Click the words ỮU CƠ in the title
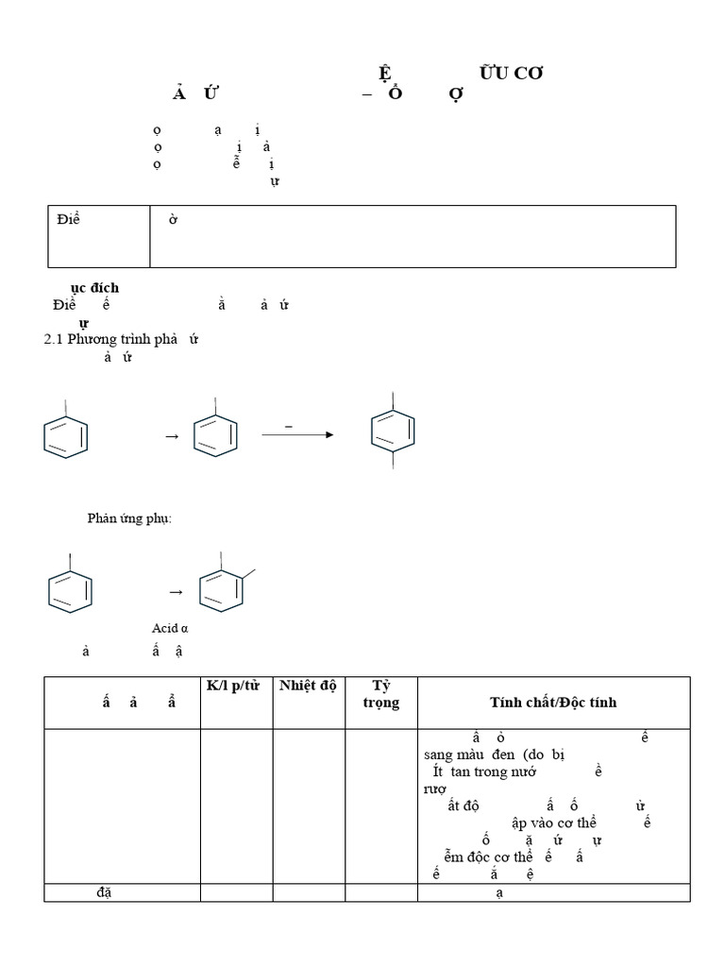pyautogui.click(x=511, y=74)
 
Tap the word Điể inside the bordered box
pyautogui.click(x=67, y=220)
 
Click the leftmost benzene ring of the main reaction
pyautogui.click(x=66, y=435)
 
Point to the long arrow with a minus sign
pyautogui.click(x=296, y=434)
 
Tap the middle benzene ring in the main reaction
pyautogui.click(x=215, y=434)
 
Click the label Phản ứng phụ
pyautogui.click(x=130, y=518)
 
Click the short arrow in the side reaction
pyautogui.click(x=176, y=592)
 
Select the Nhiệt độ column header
pyautogui.click(x=309, y=685)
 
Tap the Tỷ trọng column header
pyautogui.click(x=381, y=693)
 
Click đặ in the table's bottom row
pyautogui.click(x=104, y=892)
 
